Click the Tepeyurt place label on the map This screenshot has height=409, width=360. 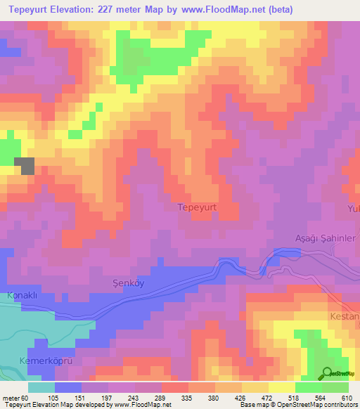point(200,207)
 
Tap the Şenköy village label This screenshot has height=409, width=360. point(129,282)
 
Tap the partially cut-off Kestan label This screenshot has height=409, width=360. point(345,317)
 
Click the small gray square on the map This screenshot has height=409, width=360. point(25,166)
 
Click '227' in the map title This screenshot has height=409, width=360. point(118,9)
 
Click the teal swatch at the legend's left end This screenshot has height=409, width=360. point(41,387)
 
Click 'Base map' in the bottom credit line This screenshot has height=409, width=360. point(254,405)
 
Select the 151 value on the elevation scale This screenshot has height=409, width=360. point(90,397)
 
